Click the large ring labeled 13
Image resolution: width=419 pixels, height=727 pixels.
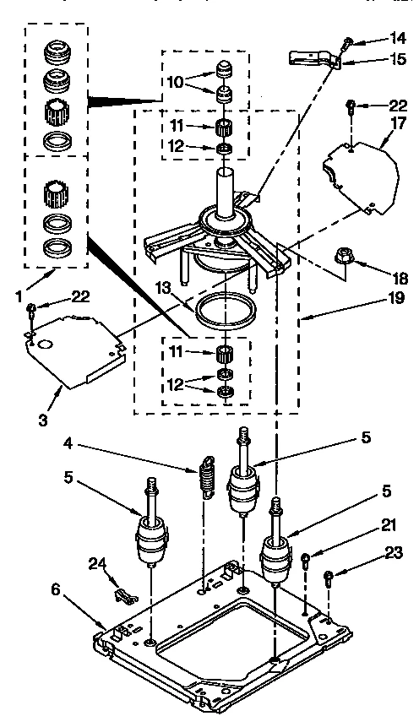[x=226, y=309]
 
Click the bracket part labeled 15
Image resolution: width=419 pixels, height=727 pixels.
[x=313, y=57]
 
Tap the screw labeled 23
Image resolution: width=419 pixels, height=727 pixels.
[x=329, y=579]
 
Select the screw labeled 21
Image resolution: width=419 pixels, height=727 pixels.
[x=306, y=558]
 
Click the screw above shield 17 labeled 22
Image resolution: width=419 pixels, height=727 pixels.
[x=349, y=106]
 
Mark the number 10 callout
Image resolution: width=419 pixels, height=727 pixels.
[x=175, y=82]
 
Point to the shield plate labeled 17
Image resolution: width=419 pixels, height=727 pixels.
[x=360, y=173]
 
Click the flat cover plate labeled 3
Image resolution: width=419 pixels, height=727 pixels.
[x=76, y=342]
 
